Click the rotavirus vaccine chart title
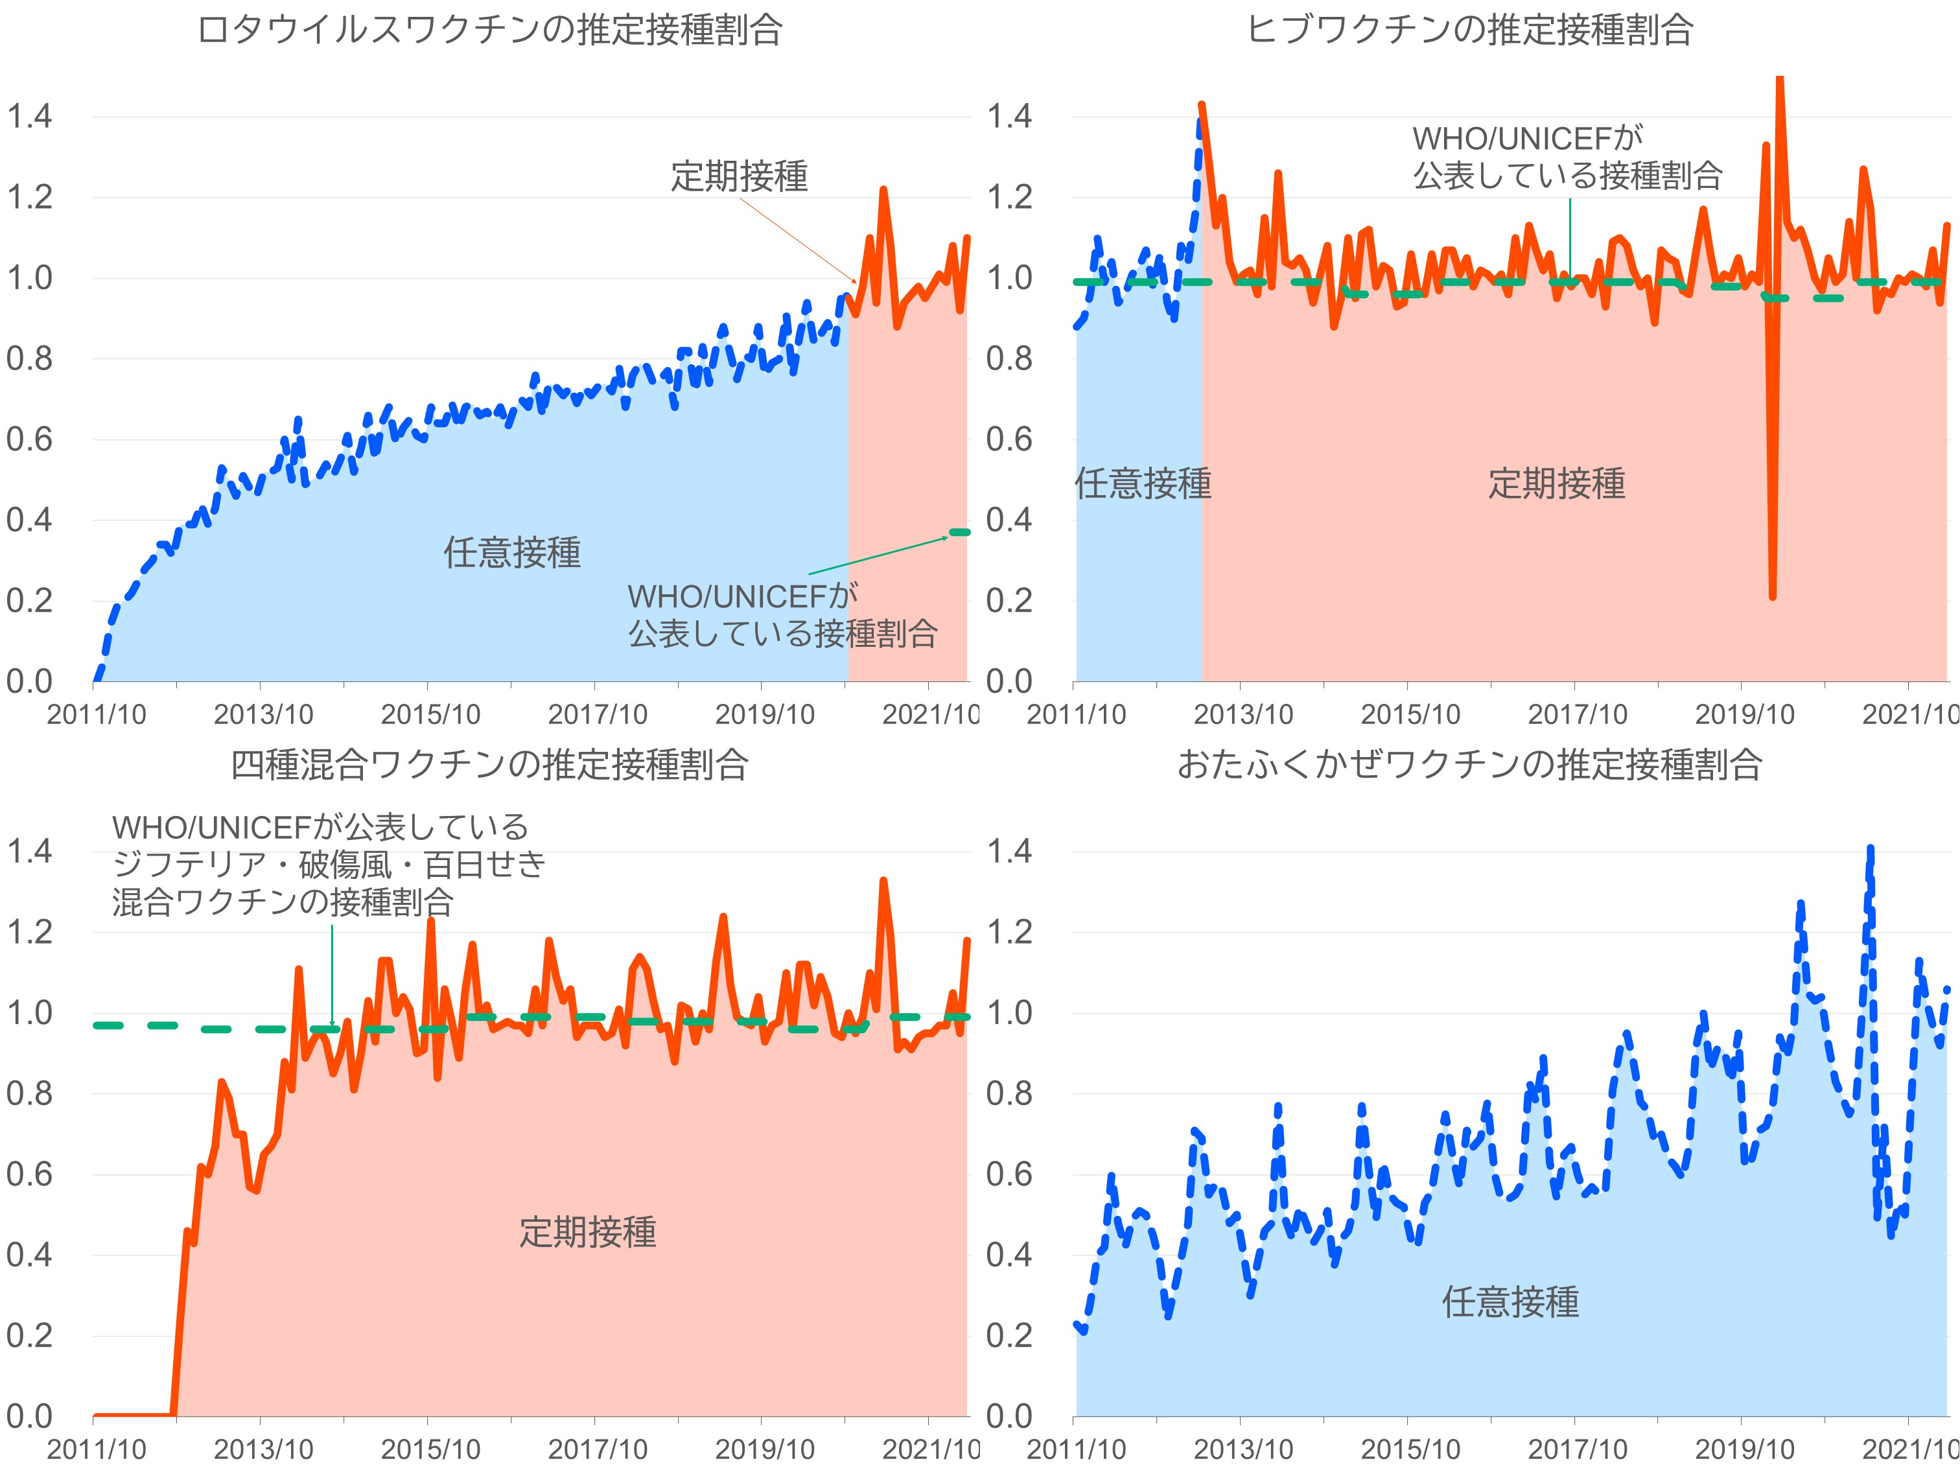[489, 30]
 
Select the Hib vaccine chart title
[1469, 30]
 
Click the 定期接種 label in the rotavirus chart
[739, 176]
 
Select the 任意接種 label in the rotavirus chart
[512, 552]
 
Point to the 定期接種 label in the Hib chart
[1556, 484]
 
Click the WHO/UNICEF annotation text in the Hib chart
[1567, 157]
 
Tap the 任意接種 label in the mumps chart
[1510, 1301]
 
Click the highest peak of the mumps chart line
[1871, 849]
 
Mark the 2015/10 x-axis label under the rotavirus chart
[430, 714]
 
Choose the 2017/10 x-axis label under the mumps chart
[1577, 1450]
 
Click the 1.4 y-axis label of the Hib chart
[1009, 116]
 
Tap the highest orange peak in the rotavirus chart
[883, 190]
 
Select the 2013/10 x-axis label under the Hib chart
[1243, 714]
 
